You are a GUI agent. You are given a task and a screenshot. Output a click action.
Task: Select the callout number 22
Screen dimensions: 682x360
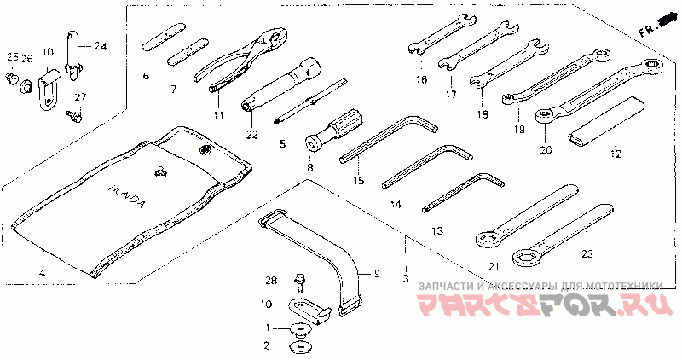pos(251,133)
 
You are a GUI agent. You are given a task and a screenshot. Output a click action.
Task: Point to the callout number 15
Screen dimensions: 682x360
pos(358,181)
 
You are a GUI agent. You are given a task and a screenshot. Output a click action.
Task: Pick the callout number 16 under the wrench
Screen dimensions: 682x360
pos(421,80)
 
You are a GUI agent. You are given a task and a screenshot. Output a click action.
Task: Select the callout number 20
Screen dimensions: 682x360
pos(546,150)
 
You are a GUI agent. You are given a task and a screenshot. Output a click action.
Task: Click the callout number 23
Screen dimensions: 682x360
pos(586,253)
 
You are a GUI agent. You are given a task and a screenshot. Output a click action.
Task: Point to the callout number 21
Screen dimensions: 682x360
pos(492,266)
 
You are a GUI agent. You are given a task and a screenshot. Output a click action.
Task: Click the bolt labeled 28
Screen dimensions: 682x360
pos(300,279)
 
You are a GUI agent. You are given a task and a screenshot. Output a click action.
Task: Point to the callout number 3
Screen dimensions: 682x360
pos(406,279)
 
